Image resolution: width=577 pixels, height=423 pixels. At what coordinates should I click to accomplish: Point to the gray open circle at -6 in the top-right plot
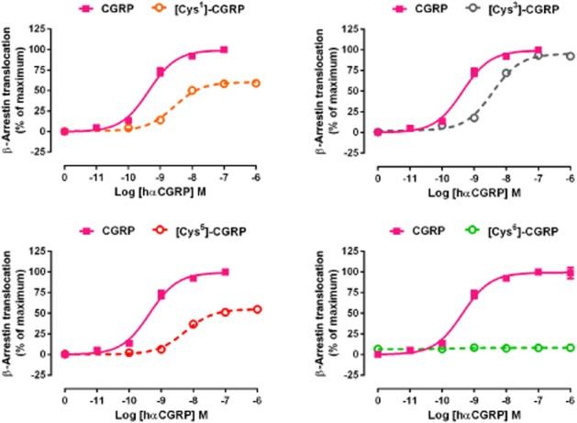[570, 56]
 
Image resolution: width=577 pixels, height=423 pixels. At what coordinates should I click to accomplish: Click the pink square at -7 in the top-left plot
[224, 50]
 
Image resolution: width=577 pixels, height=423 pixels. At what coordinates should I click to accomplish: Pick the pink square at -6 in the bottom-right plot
[570, 272]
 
